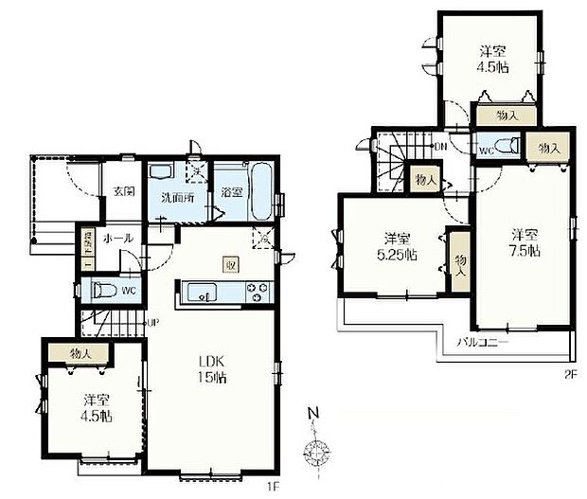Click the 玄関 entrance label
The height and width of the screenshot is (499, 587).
(124, 191)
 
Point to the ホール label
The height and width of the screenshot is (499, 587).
(118, 238)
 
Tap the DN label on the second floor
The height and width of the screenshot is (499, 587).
(439, 147)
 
